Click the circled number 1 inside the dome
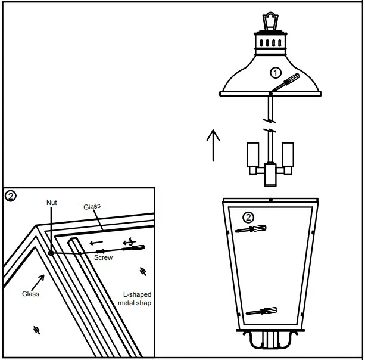click(x=274, y=73)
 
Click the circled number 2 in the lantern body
click(x=250, y=218)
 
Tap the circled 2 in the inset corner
click(x=10, y=195)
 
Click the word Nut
click(x=52, y=203)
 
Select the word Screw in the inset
click(x=104, y=258)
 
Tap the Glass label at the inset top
click(x=92, y=206)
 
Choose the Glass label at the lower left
click(x=30, y=294)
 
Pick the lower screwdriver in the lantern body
click(x=261, y=311)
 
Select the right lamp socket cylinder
click(x=288, y=154)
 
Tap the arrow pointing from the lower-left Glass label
click(x=39, y=279)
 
